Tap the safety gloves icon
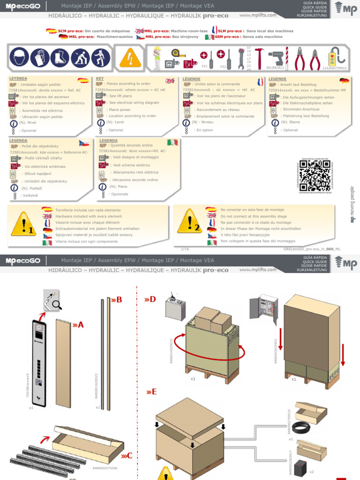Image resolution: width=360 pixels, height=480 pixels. pyautogui.click(x=39, y=59)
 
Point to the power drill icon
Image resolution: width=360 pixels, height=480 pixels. pyautogui.click(x=276, y=59)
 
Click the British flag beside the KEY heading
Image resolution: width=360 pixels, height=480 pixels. pyautogui.click(x=169, y=81)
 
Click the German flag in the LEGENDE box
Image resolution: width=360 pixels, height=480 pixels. pyautogui.click(x=344, y=81)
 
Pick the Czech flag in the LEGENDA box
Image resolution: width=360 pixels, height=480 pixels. pyautogui.click(x=84, y=142)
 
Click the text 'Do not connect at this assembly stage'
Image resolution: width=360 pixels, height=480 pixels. pyautogui.click(x=254, y=216)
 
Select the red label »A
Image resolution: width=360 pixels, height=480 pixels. pyautogui.click(x=78, y=324)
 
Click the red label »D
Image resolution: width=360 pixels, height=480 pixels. pyautogui.click(x=150, y=300)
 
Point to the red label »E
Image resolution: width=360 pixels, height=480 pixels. pyautogui.click(x=150, y=392)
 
